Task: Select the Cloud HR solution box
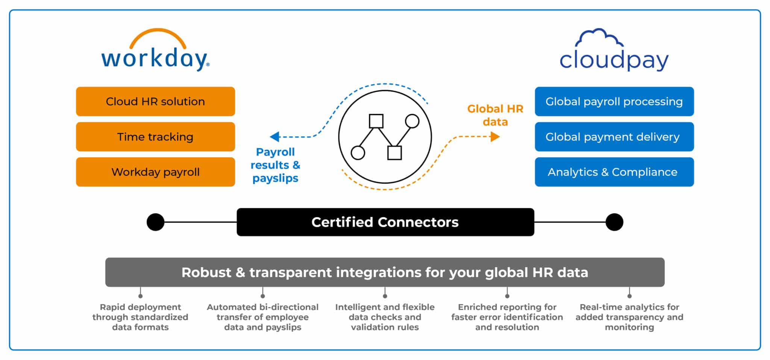click(x=155, y=102)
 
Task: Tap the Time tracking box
click(x=155, y=137)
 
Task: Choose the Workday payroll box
click(x=155, y=172)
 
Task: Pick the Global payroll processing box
click(x=614, y=102)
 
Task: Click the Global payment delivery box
click(x=614, y=137)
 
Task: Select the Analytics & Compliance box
click(x=614, y=172)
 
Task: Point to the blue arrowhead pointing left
click(x=275, y=137)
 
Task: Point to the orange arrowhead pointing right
click(x=495, y=137)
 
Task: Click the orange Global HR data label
click(x=495, y=115)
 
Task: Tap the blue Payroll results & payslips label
click(x=275, y=165)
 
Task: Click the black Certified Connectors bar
click(x=385, y=222)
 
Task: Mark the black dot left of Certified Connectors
click(x=155, y=222)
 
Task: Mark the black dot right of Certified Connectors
click(x=614, y=222)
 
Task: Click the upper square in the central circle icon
click(x=376, y=121)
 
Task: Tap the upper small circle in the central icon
click(x=412, y=121)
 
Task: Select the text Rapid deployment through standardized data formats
click(x=140, y=317)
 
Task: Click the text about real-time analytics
click(x=629, y=317)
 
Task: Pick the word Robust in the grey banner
click(x=206, y=272)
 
